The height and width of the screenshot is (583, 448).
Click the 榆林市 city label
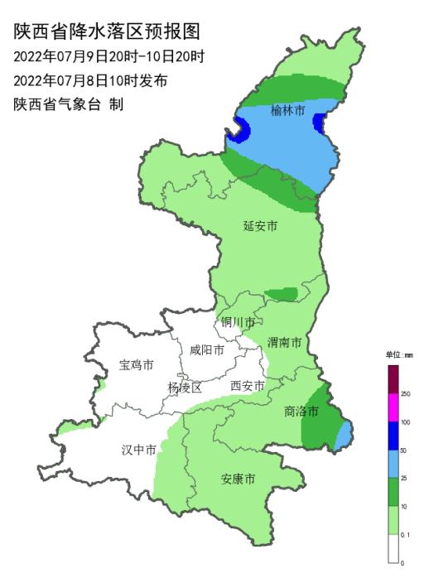tap(288, 111)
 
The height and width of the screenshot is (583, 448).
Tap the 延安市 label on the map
tap(260, 225)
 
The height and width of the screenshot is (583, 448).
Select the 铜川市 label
tap(237, 322)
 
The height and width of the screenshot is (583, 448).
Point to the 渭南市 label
tap(284, 342)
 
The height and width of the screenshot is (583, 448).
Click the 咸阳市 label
tap(206, 350)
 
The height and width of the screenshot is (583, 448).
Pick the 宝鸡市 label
tap(137, 364)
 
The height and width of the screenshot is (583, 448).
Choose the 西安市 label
tap(247, 386)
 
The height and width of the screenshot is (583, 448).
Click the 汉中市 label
tap(139, 450)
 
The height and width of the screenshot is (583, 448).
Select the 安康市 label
tap(238, 479)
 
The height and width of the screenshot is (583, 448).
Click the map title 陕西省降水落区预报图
tap(108, 32)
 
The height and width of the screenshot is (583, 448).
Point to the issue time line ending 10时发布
tap(91, 81)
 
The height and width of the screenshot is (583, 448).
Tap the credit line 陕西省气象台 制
tap(69, 104)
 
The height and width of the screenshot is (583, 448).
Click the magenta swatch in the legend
tap(393, 408)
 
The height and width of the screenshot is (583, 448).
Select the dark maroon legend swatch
tap(393, 379)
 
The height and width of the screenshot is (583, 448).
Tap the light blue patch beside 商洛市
tap(344, 429)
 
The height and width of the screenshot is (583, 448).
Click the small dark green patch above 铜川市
tap(282, 294)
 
